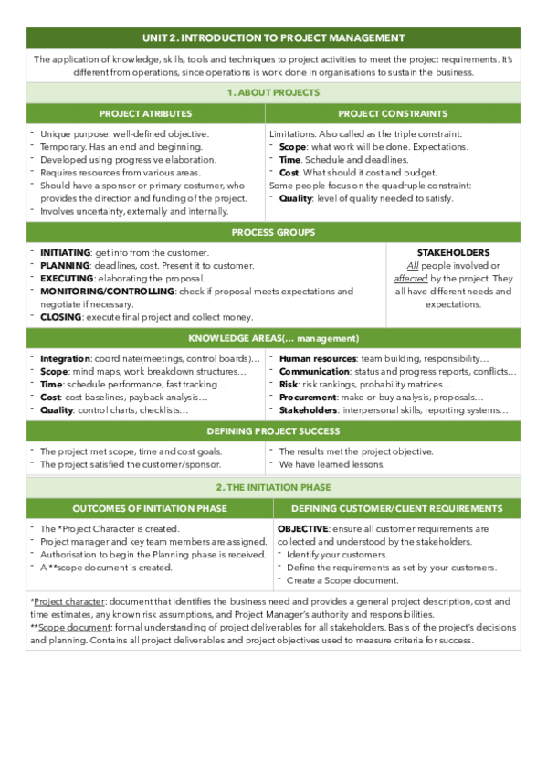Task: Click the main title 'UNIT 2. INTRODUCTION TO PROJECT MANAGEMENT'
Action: (x=273, y=37)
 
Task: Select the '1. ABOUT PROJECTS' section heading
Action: (x=273, y=92)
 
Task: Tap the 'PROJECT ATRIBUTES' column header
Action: (x=146, y=113)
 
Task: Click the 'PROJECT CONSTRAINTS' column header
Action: (x=393, y=113)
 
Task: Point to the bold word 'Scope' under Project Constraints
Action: (x=292, y=146)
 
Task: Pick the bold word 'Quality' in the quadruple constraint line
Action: (x=296, y=198)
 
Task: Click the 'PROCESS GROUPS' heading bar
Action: (x=273, y=232)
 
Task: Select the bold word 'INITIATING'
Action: (x=65, y=252)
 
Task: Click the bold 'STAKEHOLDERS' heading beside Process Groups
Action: (x=453, y=252)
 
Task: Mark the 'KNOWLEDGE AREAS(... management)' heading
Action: (x=273, y=338)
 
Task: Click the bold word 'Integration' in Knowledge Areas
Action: (x=65, y=359)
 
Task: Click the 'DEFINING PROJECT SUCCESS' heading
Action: (x=273, y=430)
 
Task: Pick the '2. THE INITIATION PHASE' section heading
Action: (x=273, y=487)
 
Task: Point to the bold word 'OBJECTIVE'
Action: (x=302, y=528)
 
